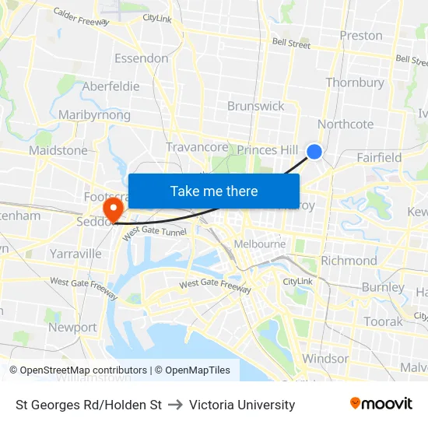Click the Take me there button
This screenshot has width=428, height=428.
214,191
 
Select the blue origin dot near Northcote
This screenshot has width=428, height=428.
314,152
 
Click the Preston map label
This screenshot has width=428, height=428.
361,35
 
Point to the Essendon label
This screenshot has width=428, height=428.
141,58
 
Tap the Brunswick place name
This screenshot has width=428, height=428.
255,106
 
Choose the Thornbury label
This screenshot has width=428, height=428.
355,82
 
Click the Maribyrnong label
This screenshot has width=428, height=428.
95,115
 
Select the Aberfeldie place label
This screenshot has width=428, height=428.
111,86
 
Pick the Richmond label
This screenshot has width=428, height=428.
349,261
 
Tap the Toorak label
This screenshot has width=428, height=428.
383,321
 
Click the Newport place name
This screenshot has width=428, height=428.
72,328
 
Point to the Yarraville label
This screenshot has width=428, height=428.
75,254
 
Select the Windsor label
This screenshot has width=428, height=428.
325,359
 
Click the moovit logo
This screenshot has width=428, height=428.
381,404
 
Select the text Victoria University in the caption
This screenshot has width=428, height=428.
242,405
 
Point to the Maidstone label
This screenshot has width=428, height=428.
58,150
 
